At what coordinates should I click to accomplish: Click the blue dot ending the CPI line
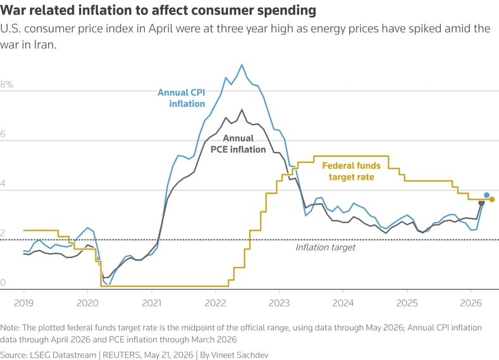point(486,195)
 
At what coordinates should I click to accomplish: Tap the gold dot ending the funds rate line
point(492,199)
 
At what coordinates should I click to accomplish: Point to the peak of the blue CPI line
point(242,65)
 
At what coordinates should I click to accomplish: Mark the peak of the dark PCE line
point(242,110)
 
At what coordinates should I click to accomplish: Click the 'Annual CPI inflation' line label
point(182,98)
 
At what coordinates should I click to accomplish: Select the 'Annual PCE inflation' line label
point(238,144)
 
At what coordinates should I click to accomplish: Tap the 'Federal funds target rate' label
point(352,171)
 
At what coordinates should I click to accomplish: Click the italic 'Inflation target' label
point(325,247)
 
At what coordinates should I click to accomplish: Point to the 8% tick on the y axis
point(7,84)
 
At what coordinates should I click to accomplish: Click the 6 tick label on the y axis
point(3,134)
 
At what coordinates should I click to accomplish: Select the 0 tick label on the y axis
point(3,283)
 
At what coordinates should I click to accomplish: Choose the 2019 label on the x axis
point(24,302)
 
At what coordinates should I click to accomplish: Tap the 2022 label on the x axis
point(216,302)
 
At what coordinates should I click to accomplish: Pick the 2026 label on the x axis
point(471,302)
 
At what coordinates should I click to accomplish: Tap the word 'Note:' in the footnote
point(10,328)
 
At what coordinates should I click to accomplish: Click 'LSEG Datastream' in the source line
point(63,355)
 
